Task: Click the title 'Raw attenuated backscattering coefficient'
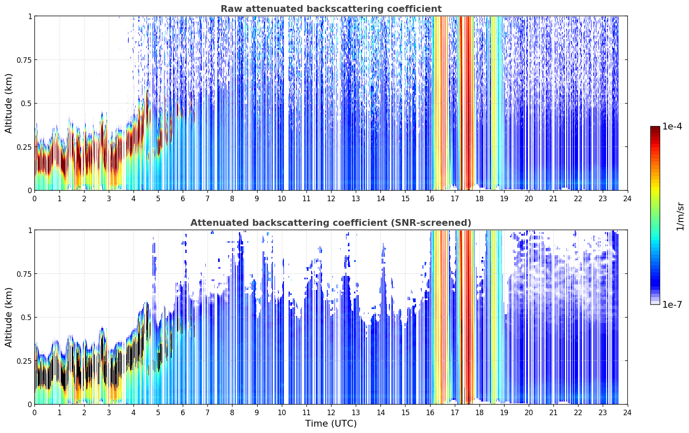331,8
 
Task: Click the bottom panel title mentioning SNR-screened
331,222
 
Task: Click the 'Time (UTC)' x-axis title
331,424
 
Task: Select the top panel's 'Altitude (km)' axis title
9,104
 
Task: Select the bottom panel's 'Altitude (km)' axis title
9,317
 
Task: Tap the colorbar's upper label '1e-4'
672,126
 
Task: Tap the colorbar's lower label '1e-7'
672,304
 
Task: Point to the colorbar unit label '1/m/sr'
680,216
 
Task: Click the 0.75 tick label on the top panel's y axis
24,60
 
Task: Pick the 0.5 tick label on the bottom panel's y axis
26,317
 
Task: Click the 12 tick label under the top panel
331,198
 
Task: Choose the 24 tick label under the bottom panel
627,413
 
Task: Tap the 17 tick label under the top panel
455,198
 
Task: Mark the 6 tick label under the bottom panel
183,413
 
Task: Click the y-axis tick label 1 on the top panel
30,16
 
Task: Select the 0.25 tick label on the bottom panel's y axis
24,361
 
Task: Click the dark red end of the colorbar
655,129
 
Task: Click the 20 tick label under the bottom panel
529,413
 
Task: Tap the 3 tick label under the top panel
108,198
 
